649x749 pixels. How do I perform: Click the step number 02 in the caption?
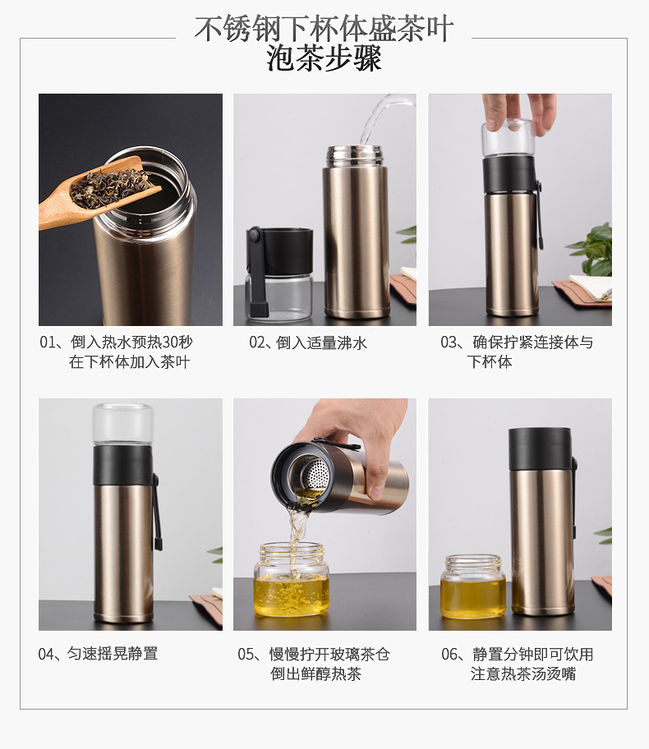click(x=258, y=342)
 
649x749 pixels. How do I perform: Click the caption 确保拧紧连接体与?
click(x=532, y=342)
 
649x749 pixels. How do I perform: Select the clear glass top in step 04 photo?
click(x=122, y=425)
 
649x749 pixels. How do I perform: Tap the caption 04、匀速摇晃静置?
click(x=98, y=654)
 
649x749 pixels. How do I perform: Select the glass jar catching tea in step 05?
click(x=291, y=578)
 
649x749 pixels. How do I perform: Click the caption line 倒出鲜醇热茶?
click(x=315, y=674)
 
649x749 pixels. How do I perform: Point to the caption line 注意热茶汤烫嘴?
click(x=522, y=674)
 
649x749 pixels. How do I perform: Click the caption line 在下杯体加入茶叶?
click(x=129, y=362)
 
